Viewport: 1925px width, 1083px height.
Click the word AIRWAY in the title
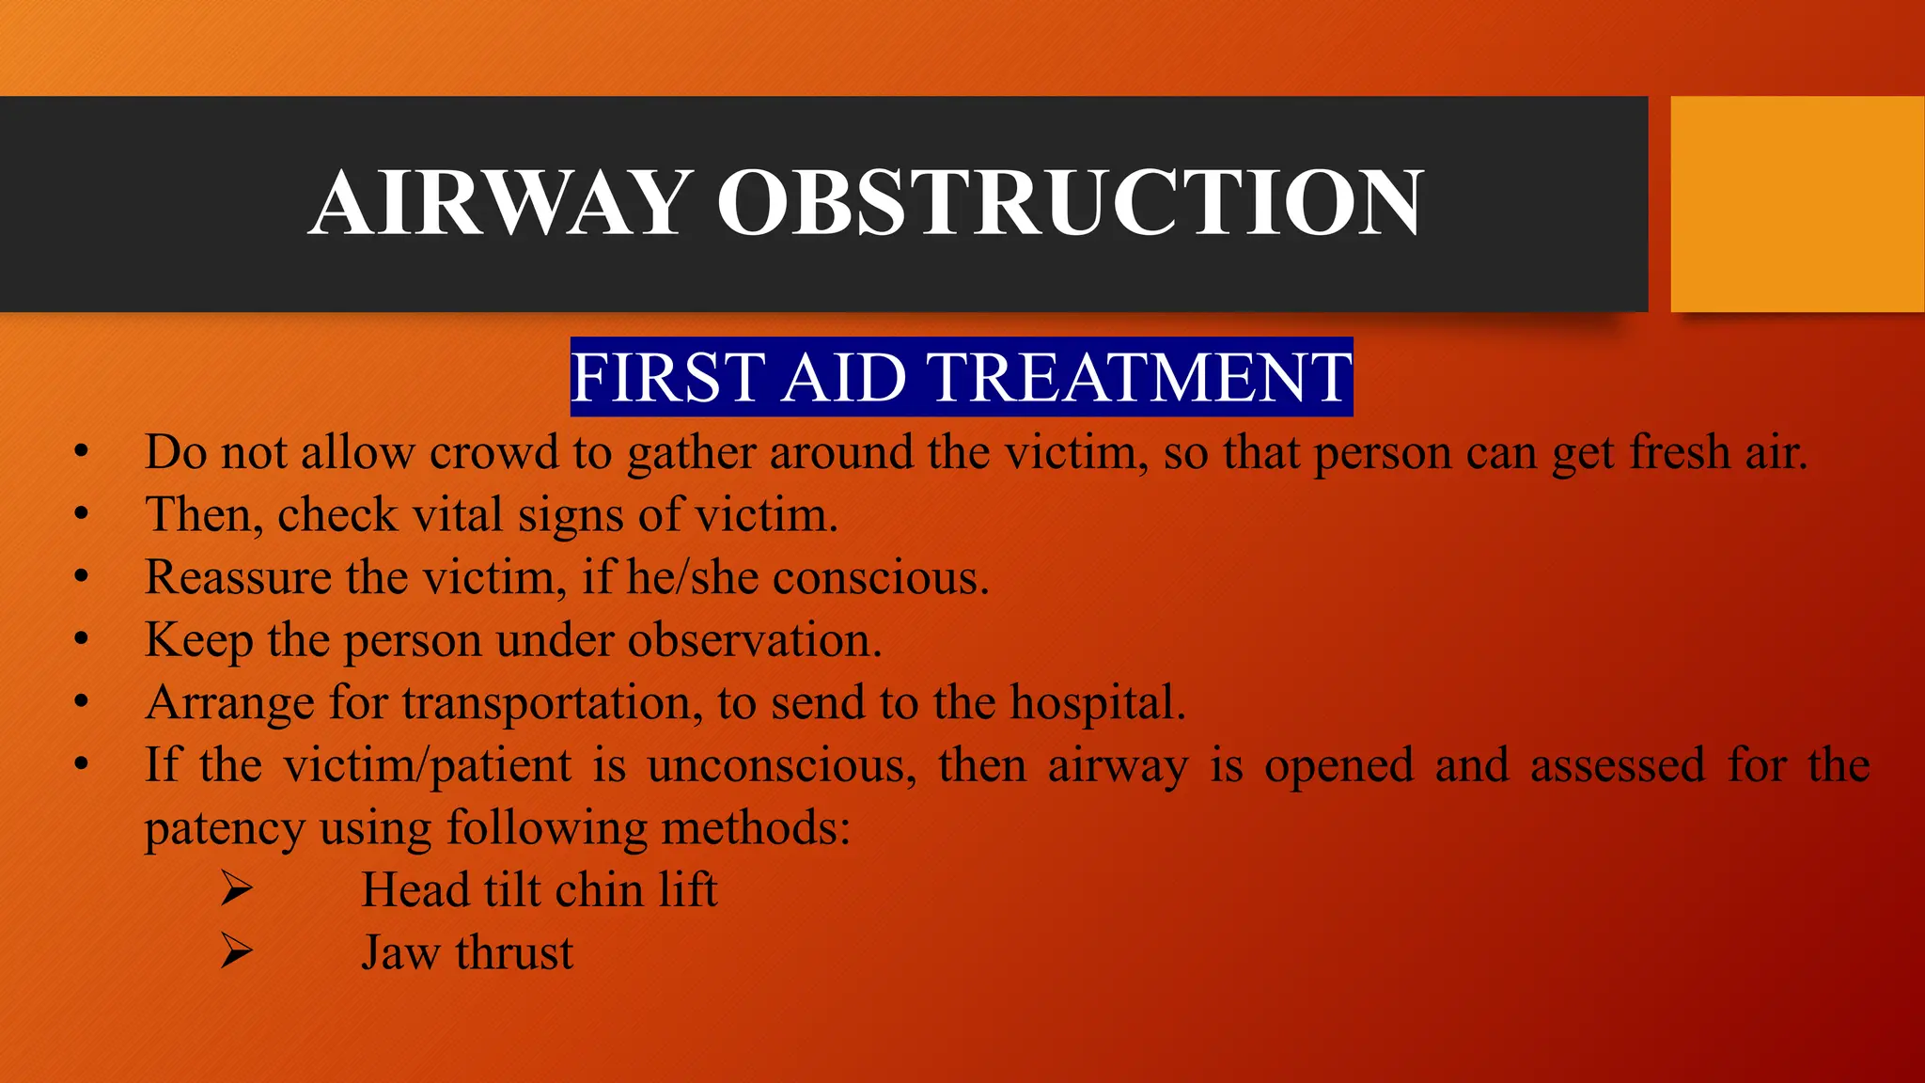click(501, 203)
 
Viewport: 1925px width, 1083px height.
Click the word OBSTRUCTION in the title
click(1071, 203)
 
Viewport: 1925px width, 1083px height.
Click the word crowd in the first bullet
click(494, 452)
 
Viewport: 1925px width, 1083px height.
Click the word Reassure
click(237, 577)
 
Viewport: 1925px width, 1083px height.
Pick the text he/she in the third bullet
click(693, 577)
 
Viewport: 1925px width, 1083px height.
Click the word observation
click(755, 640)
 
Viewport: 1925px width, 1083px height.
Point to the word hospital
click(1097, 703)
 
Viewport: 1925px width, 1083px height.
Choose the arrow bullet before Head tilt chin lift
click(237, 889)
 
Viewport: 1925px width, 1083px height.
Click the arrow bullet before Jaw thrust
click(237, 951)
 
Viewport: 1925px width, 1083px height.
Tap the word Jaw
click(400, 953)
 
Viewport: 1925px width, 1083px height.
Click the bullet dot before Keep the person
click(82, 640)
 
